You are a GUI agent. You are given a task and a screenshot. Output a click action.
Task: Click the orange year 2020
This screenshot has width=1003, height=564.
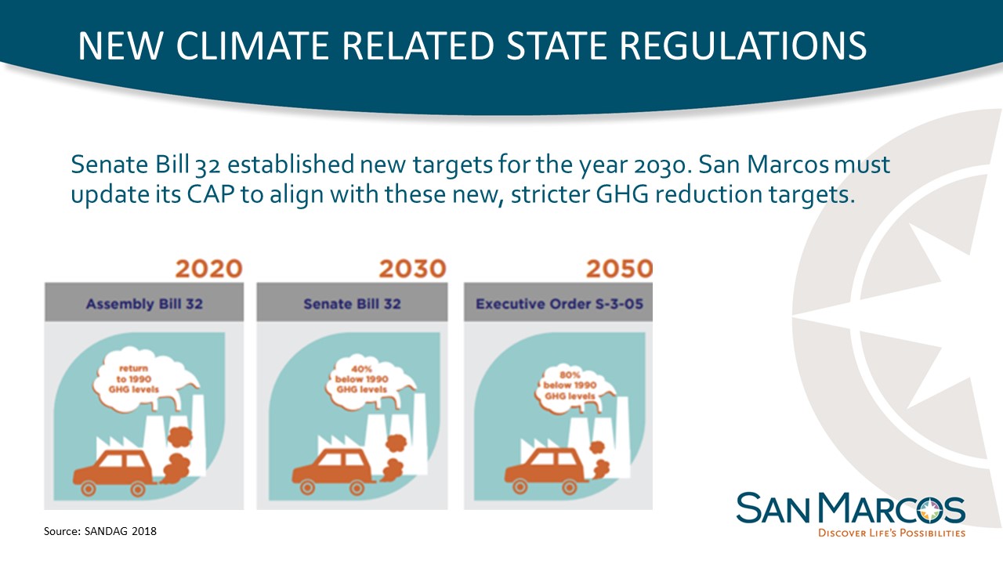point(208,269)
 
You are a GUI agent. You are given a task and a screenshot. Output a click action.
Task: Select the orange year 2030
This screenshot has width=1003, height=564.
point(412,269)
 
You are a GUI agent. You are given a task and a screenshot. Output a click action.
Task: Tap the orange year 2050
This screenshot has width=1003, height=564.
point(619,269)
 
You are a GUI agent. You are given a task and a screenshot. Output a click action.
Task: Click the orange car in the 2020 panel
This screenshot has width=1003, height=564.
point(114,472)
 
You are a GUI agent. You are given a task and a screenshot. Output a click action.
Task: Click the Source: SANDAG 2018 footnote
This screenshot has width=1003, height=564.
point(100,531)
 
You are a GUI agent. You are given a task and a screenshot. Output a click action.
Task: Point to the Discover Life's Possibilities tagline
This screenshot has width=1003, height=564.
point(892,533)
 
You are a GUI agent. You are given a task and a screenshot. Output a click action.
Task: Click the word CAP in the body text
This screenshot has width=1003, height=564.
point(211,194)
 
